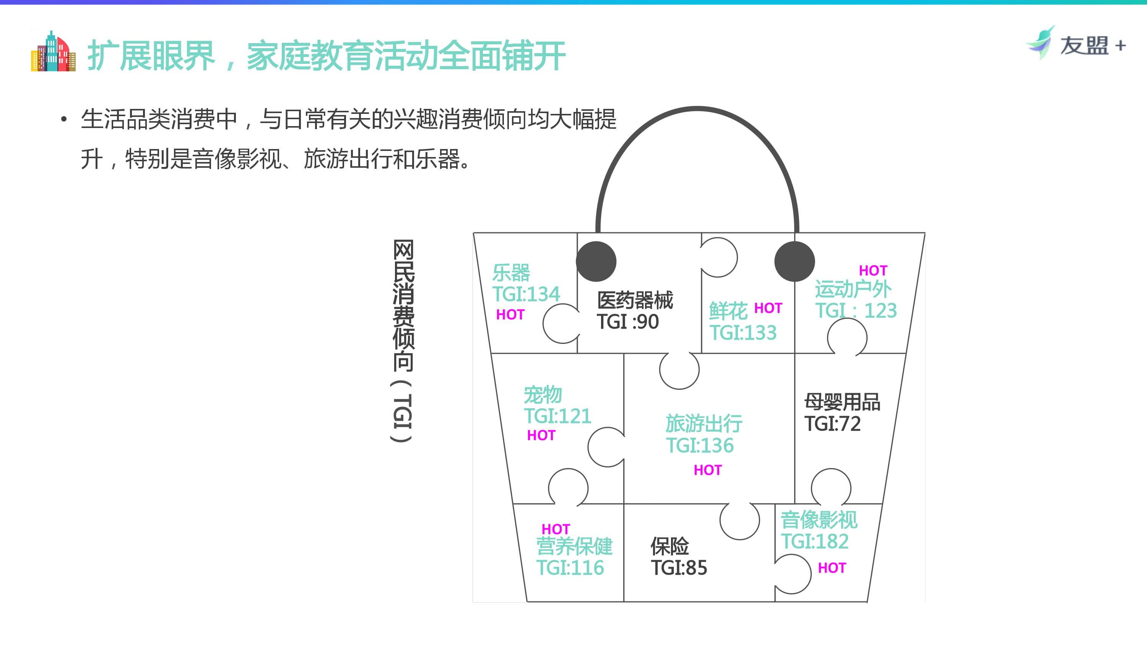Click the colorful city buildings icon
pos(53,51)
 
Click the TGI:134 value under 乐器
pos(525,294)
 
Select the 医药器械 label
pos(635,300)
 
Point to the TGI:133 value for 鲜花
pos(743,332)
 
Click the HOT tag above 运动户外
pos(873,271)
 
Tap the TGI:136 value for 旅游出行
pos(700,445)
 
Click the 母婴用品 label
pos(842,402)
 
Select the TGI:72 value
pos(832,423)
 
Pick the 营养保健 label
pos(574,546)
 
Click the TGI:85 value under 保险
pos(679,567)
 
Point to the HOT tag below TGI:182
pos(832,568)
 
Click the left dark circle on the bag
pos(596,261)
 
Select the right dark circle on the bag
pos(794,261)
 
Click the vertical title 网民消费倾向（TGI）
pos(403,340)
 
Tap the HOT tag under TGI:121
pos(541,435)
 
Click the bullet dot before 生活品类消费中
pos(64,119)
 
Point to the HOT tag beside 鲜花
pos(768,308)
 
